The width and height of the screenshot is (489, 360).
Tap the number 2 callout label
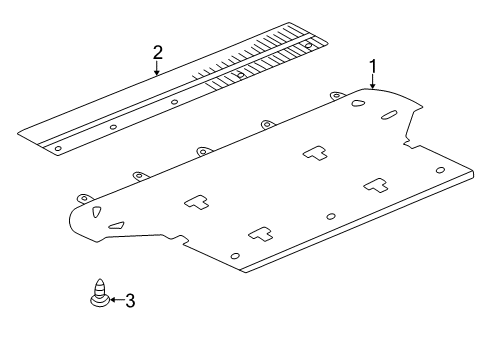pyautogui.click(x=157, y=52)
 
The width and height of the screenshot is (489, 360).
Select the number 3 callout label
pyautogui.click(x=130, y=299)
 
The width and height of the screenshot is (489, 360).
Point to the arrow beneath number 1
pyautogui.click(x=372, y=82)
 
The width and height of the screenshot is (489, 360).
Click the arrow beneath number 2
pyautogui.click(x=157, y=68)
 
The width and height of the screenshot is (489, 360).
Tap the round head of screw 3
pyautogui.click(x=99, y=300)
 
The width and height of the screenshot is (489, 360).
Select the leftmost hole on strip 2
pyautogui.click(x=58, y=147)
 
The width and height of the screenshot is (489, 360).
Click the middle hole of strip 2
pyautogui.click(x=174, y=101)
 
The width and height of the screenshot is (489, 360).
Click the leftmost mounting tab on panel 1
pyautogui.click(x=83, y=197)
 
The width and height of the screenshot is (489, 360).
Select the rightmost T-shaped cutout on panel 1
pyautogui.click(x=375, y=184)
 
